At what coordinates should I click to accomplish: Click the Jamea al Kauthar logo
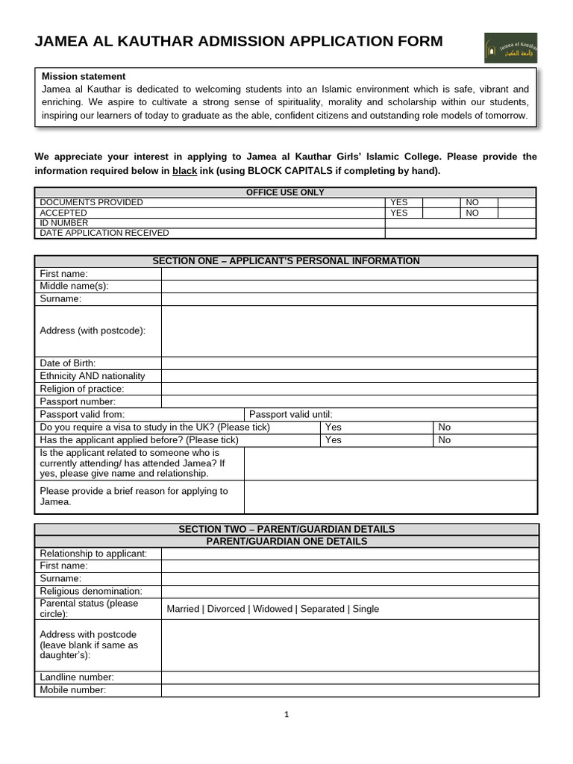510,48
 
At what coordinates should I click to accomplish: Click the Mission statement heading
84,76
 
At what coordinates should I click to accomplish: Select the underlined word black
184,171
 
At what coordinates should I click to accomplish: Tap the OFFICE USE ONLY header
285,192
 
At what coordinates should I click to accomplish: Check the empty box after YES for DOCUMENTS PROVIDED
441,202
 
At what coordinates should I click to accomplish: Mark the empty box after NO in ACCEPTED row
516,213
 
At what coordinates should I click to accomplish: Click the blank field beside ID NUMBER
460,223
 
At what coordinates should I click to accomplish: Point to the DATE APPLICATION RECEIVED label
104,233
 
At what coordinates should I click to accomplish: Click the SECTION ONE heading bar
286,261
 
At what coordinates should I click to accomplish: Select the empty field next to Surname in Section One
348,299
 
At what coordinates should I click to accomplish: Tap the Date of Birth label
68,363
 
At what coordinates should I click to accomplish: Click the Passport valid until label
291,415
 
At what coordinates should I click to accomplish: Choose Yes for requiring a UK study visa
334,428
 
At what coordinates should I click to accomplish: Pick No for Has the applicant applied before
445,440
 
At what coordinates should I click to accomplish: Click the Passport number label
78,402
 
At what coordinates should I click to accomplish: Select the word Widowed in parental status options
272,609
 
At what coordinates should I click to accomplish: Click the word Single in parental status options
366,609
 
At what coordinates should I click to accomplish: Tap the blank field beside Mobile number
348,691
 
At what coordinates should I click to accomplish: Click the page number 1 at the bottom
286,715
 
